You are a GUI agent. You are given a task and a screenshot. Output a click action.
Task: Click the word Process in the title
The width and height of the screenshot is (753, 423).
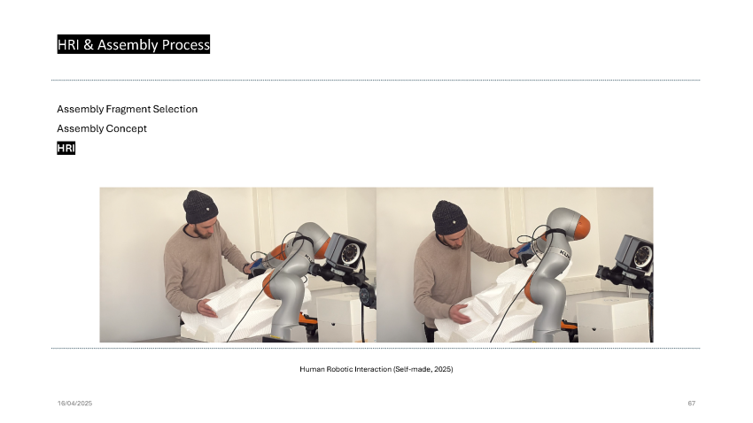tap(185, 44)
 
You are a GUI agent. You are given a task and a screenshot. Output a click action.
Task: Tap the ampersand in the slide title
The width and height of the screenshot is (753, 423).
tap(89, 44)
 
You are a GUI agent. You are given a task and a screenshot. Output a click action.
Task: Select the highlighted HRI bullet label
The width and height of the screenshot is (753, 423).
tap(66, 148)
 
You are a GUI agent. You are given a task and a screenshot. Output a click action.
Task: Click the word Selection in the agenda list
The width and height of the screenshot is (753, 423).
tap(175, 110)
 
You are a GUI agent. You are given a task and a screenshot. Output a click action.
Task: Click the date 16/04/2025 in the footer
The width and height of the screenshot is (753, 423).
tap(75, 404)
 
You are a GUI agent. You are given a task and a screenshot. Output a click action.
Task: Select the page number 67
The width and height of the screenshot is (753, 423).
tap(692, 404)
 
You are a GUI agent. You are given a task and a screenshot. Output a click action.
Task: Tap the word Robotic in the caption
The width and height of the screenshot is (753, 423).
tap(341, 369)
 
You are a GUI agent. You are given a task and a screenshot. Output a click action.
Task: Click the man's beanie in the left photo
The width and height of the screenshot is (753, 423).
tap(200, 207)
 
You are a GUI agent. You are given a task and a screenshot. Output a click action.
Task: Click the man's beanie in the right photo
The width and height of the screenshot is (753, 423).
tap(450, 218)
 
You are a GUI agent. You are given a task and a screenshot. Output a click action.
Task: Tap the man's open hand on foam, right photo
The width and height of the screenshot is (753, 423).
tap(460, 313)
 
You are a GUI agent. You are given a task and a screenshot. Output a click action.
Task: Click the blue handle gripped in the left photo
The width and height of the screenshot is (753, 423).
tap(258, 265)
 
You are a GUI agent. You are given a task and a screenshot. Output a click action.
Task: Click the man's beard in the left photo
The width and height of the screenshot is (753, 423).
tap(203, 233)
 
